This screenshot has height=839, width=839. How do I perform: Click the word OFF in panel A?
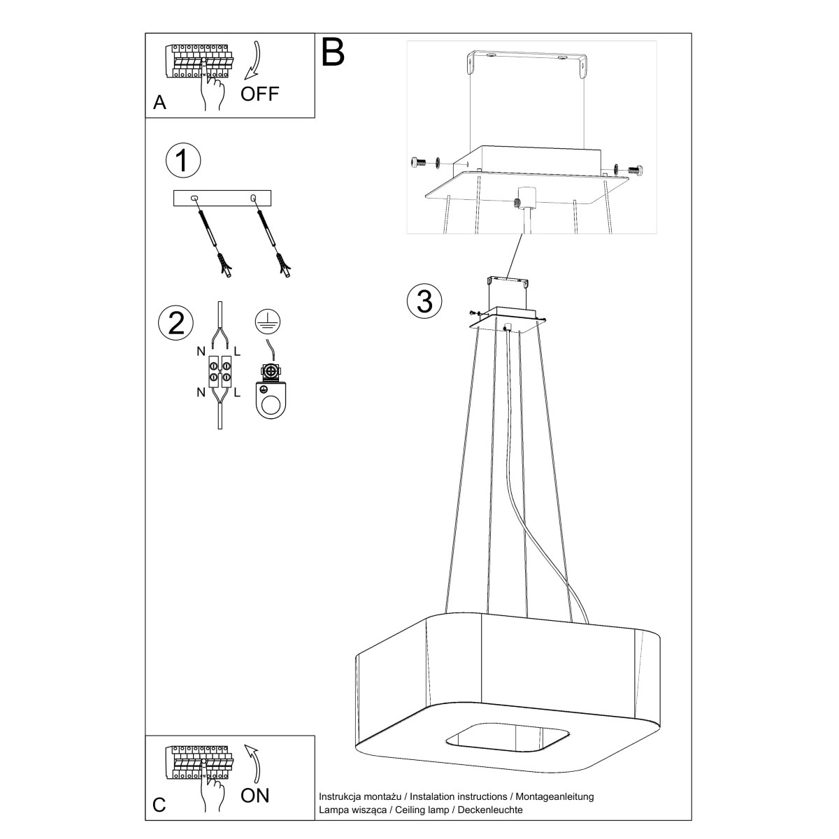tap(259, 94)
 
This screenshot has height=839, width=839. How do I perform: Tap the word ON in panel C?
tap(255, 796)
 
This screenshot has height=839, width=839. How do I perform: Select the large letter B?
tap(333, 52)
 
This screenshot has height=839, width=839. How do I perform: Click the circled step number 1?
tap(183, 160)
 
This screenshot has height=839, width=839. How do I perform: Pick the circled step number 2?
tap(176, 323)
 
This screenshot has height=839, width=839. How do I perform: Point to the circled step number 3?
tap(424, 301)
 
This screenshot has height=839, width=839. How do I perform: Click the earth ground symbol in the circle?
tap(268, 322)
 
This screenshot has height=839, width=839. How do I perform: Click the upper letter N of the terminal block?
tap(201, 352)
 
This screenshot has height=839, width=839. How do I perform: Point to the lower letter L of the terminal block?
tap(237, 393)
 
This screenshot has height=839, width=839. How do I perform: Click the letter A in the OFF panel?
tap(160, 103)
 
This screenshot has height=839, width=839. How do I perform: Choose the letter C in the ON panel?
tap(159, 805)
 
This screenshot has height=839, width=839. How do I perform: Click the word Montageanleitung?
tap(554, 797)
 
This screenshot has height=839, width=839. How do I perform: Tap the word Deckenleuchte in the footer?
tap(490, 810)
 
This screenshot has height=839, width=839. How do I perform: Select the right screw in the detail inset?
tap(635, 170)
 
